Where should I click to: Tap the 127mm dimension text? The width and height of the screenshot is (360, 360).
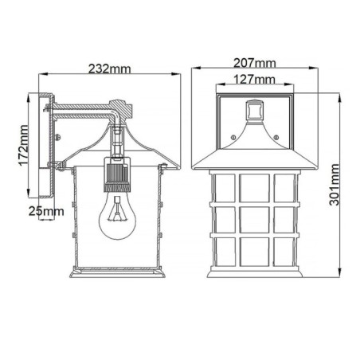tap(256, 79)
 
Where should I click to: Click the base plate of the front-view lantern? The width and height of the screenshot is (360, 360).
tap(256, 273)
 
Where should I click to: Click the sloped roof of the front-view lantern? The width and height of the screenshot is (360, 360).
tap(255, 151)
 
